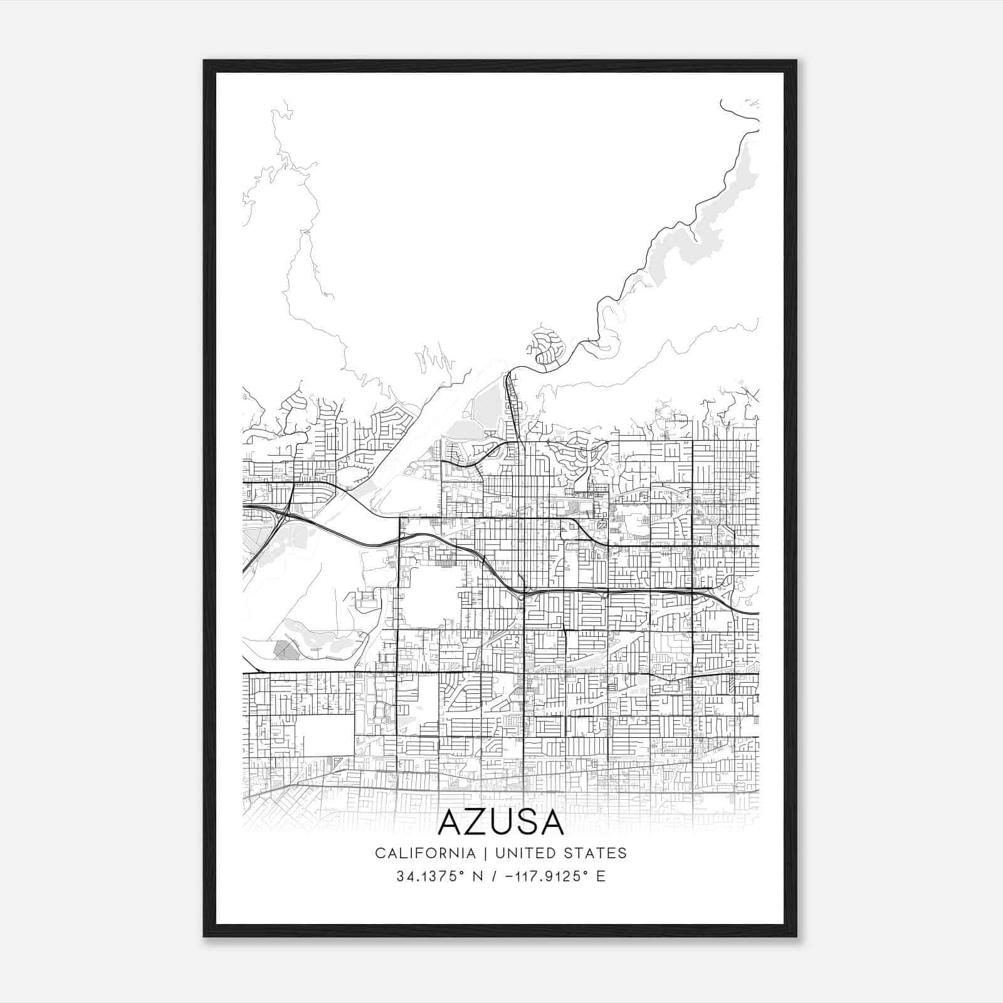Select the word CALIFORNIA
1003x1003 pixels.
click(416, 853)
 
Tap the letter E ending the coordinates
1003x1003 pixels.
click(601, 876)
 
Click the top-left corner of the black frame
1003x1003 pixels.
click(204, 61)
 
